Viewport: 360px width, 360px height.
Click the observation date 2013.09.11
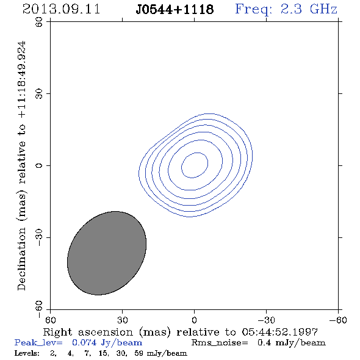(61, 9)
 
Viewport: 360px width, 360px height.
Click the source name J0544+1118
(175, 10)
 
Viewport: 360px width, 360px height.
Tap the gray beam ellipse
(107, 253)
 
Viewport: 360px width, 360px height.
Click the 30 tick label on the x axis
(122, 320)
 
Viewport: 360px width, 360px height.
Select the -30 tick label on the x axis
(266, 320)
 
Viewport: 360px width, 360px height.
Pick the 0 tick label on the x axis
(194, 320)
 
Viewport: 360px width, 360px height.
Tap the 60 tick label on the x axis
(50, 320)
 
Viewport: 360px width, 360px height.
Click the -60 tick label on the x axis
(338, 320)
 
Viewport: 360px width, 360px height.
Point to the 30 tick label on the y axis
(39, 94)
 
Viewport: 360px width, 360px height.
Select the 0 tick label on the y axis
(39, 165)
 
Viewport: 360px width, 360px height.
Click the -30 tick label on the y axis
(39, 237)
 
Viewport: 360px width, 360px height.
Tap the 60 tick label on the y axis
(39, 22)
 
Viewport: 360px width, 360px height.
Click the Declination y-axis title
(21, 165)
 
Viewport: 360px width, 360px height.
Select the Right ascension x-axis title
(181, 333)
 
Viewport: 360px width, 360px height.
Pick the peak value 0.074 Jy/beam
(107, 343)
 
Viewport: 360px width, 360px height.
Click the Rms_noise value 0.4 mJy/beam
(292, 343)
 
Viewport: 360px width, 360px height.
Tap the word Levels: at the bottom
(27, 353)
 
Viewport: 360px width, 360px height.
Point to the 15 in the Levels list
(103, 353)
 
